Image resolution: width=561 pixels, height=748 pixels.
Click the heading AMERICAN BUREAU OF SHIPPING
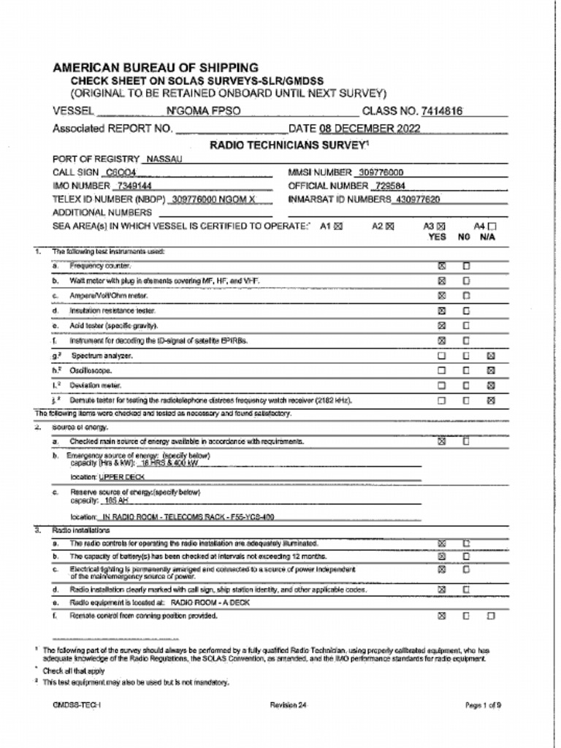click(x=155, y=67)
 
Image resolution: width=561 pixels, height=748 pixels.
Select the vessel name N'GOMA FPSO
click(x=203, y=112)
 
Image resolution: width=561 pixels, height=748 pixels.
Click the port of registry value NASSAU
click(x=164, y=159)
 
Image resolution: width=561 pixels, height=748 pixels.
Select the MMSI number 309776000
click(x=380, y=172)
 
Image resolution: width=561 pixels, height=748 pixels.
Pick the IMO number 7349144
click(x=134, y=186)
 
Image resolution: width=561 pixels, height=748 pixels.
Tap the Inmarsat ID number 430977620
click(x=417, y=199)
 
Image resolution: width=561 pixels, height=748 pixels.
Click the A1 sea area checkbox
click(x=338, y=226)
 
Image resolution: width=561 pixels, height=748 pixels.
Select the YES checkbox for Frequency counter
click(x=441, y=266)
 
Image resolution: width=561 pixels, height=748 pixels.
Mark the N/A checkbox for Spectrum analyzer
click(x=491, y=356)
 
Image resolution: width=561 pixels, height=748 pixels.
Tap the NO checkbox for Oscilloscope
click(x=466, y=370)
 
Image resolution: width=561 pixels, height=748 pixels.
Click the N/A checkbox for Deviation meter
click(x=491, y=385)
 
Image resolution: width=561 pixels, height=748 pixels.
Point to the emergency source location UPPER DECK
click(x=122, y=477)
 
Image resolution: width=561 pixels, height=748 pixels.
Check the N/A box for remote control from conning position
click(x=491, y=616)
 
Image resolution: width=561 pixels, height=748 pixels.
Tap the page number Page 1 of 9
click(x=483, y=705)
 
